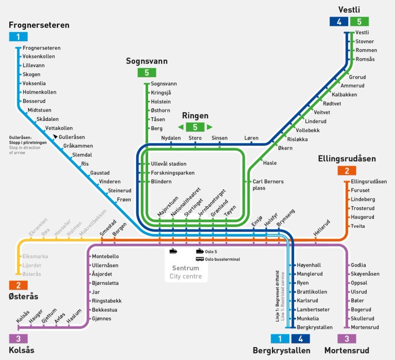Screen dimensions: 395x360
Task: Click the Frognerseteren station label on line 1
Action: pos(42,48)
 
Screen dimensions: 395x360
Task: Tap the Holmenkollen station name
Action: pos(40,92)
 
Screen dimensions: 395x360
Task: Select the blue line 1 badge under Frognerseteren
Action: pos(19,37)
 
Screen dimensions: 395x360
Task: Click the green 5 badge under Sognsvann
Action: pos(147,73)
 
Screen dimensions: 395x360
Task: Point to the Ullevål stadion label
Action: pos(169,164)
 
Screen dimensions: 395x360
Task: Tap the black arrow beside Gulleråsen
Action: pos(55,137)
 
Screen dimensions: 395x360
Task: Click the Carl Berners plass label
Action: pos(268,185)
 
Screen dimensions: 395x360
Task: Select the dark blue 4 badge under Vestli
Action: pos(339,22)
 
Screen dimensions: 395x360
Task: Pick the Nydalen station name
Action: pos(171,138)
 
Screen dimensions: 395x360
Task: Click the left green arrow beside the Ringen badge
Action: pos(181,127)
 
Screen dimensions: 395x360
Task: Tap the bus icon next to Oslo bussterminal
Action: pos(200,259)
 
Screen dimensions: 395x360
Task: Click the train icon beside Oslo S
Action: pos(200,251)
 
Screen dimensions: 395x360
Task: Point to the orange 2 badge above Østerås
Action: pos(19,285)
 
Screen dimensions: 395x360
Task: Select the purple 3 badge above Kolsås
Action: pos(19,338)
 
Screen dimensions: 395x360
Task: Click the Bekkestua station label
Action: pos(104,310)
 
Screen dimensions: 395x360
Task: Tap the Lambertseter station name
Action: pos(313,310)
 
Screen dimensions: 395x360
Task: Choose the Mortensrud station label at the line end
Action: pos(365,327)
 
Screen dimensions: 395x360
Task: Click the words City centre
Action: pos(186,276)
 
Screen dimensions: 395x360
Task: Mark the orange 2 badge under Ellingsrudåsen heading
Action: pos(347,171)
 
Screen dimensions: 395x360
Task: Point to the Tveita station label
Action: pos(358,226)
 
